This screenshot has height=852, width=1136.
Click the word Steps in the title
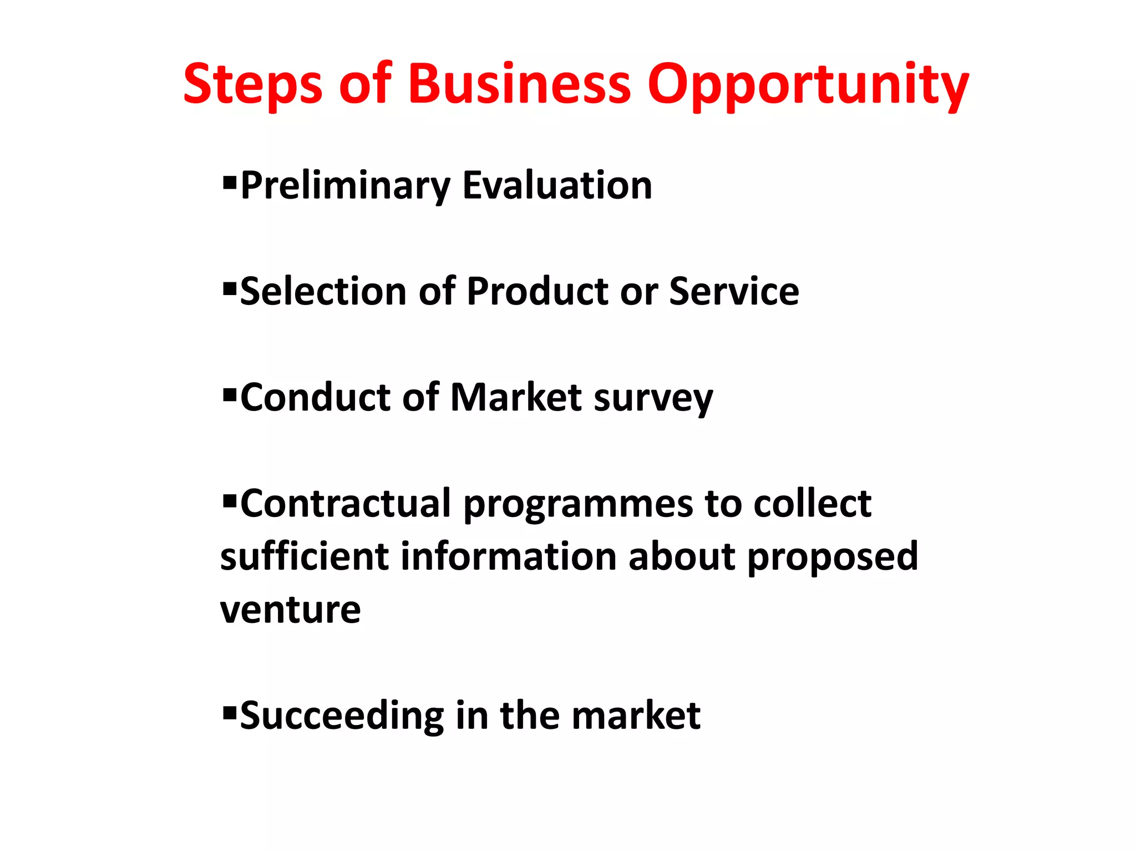pyautogui.click(x=252, y=84)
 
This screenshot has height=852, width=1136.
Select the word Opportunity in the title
pyautogui.click(x=808, y=84)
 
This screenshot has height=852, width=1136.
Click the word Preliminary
pyautogui.click(x=345, y=186)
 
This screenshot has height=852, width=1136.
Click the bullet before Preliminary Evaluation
pyautogui.click(x=229, y=182)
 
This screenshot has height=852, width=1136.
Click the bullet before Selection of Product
pyautogui.click(x=229, y=288)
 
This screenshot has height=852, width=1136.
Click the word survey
pyautogui.click(x=653, y=398)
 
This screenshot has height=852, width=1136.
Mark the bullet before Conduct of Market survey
pyautogui.click(x=229, y=394)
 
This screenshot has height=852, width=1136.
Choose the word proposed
pyautogui.click(x=833, y=557)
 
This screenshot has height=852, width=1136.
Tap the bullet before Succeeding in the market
pyautogui.click(x=229, y=712)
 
